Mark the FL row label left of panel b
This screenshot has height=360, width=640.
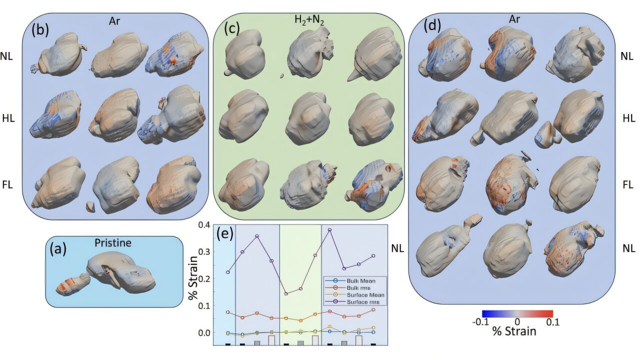click(x=7, y=185)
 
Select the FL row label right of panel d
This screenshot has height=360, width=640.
click(x=627, y=185)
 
